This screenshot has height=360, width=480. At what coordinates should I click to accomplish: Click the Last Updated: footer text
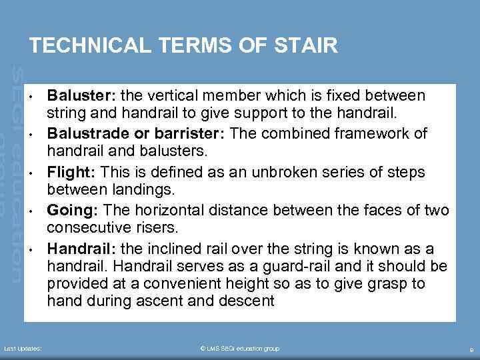click(23, 349)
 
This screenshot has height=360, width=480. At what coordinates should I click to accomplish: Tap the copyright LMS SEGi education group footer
click(239, 349)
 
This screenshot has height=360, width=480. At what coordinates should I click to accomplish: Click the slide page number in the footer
click(471, 349)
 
